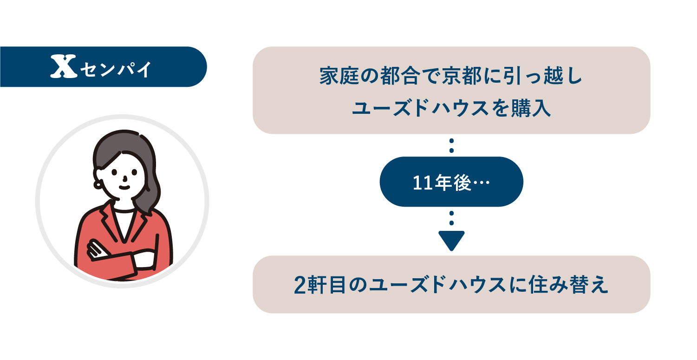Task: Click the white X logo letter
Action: pos(64,66)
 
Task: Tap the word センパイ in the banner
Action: pos(116,69)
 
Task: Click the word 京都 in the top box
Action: pos(462,76)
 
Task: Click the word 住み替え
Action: pos(568,284)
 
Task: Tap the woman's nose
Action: pos(125,178)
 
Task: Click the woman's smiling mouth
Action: pos(124,187)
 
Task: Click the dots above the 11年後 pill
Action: pos(451,145)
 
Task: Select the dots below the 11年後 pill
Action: pos(451,218)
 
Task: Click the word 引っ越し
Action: pos(543,76)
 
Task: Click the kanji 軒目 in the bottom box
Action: pos(326,284)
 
